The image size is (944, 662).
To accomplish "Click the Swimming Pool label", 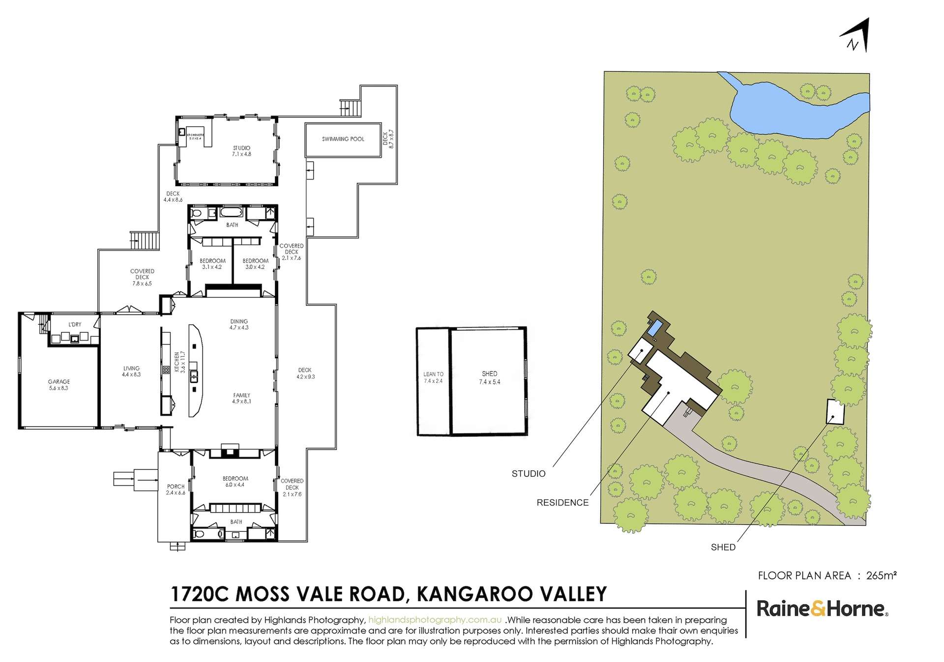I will point(343,139).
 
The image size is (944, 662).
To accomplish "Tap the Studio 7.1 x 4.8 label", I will point(241,151).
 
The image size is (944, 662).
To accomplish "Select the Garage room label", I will point(59,384).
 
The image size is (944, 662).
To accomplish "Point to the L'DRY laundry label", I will point(75,324).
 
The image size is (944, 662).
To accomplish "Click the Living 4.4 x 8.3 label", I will point(131,371).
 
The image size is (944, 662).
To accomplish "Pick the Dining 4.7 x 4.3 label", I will point(239,324).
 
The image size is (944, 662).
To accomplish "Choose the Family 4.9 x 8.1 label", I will point(241,398).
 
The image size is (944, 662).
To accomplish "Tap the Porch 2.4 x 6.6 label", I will point(176,489).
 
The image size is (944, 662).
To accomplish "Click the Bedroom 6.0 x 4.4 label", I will point(235,481).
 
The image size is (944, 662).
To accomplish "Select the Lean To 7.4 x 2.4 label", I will point(433,377).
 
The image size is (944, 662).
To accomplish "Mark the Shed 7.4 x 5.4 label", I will point(489,377).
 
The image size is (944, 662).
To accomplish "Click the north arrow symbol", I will point(856,35).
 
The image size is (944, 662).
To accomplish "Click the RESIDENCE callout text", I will point(562,503).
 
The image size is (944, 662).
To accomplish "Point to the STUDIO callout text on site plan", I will point(529,474).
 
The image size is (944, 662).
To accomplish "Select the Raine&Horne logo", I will point(822,609).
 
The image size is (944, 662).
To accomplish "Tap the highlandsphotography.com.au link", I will point(435,620).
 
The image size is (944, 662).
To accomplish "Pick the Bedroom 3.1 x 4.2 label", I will point(212,264).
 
